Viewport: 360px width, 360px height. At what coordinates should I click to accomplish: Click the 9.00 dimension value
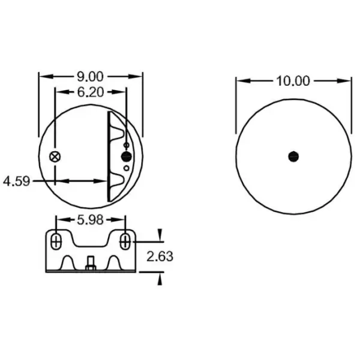(91, 76)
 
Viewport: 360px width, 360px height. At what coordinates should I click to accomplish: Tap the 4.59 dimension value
(16, 180)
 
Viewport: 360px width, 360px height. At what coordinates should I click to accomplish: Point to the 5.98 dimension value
(91, 220)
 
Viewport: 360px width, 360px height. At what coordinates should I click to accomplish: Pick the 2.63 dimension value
(160, 256)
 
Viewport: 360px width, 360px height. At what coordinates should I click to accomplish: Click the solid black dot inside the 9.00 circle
(126, 157)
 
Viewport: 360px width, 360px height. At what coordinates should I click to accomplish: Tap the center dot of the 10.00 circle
(293, 156)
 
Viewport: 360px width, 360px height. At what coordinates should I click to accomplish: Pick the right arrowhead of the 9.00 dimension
(140, 76)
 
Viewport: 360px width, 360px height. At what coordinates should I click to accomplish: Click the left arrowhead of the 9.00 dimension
(42, 76)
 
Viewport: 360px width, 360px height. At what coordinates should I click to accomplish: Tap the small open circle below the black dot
(126, 168)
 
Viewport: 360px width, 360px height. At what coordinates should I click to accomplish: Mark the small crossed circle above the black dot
(126, 146)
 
